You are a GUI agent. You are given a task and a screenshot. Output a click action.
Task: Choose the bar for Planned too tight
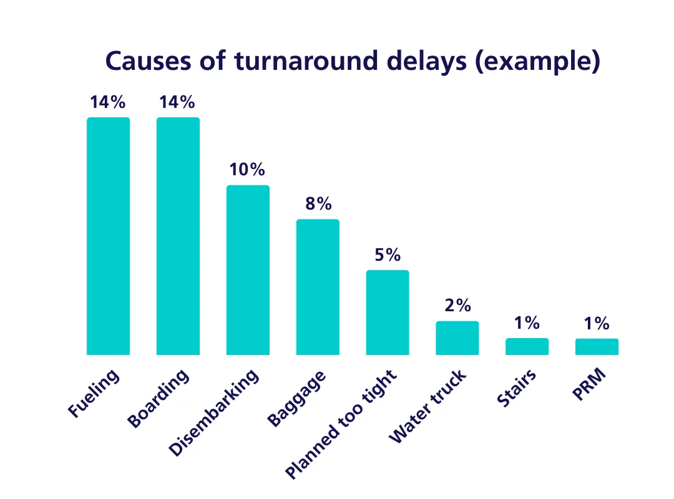coord(388,312)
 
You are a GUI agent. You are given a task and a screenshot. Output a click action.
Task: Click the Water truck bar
coord(457,338)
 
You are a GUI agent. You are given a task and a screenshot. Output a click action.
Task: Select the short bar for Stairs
coord(527,347)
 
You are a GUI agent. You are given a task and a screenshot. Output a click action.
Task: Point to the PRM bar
coord(597,347)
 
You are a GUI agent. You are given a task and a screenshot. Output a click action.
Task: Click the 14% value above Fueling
coord(108,102)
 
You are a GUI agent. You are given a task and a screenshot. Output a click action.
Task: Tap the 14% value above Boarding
coord(178,102)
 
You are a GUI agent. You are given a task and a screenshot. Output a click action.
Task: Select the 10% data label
coord(248,170)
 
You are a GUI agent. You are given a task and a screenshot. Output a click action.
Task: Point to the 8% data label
coord(318,204)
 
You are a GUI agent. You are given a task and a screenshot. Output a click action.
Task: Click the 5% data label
coord(388,255)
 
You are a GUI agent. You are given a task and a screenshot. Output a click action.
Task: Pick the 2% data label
coord(457,306)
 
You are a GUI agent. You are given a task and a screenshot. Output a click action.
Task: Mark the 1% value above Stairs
coord(527,323)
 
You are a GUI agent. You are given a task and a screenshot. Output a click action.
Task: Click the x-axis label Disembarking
coord(214,414)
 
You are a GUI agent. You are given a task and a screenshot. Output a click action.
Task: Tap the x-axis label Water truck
coord(427,407)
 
